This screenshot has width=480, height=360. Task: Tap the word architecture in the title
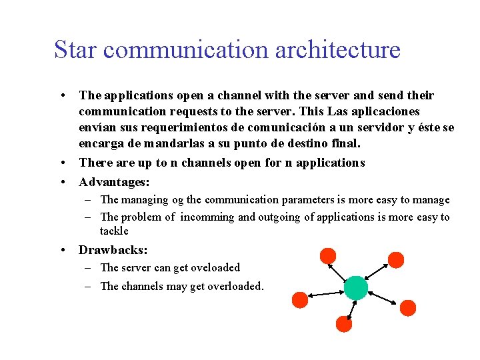tap(339, 49)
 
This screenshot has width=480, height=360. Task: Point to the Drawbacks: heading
tap(113, 250)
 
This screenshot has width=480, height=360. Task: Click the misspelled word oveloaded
tap(215, 268)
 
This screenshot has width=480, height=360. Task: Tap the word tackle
tap(114, 231)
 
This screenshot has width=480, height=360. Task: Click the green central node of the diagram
tap(355, 287)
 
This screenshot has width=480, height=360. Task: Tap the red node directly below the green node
tap(344, 324)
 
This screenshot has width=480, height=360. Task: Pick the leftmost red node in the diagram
tap(300, 299)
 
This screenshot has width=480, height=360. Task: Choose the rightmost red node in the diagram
tap(408, 307)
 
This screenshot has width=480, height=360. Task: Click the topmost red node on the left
tap(328, 255)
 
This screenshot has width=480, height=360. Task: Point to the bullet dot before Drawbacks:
tap(62, 251)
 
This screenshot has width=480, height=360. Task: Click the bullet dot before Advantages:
tap(62, 182)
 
